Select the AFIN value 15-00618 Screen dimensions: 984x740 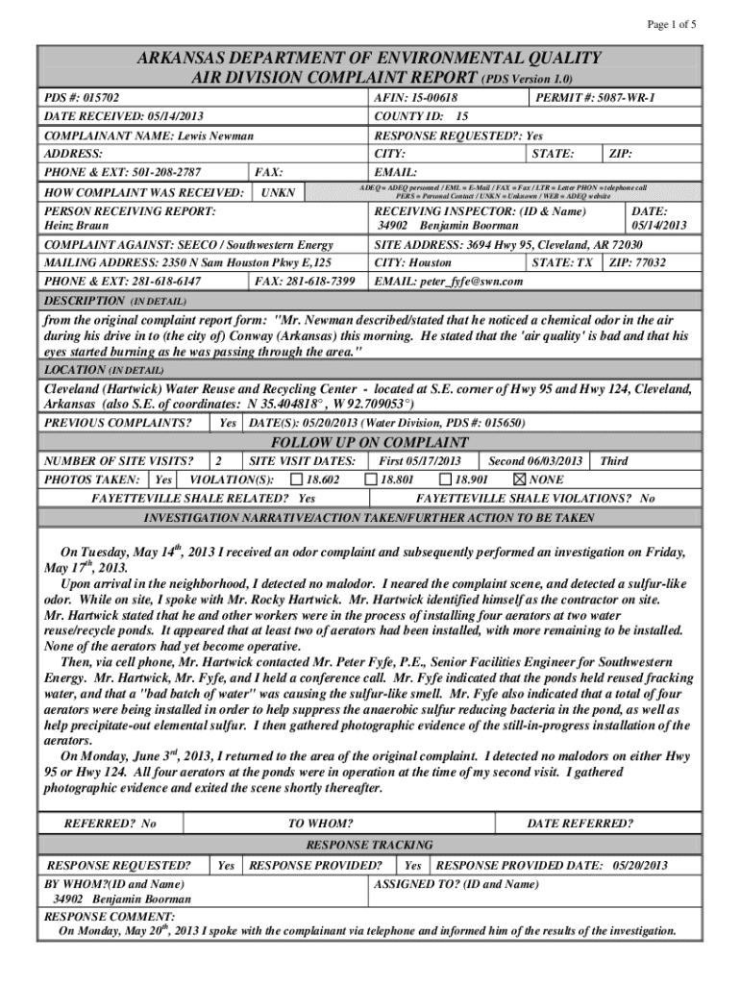[x=433, y=98]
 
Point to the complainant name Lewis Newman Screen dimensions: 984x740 [x=203, y=136]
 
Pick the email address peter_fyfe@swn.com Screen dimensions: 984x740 [x=472, y=281]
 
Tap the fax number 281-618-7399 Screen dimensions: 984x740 [x=313, y=281]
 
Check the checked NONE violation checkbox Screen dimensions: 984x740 [x=520, y=479]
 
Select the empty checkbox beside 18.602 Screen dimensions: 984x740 [x=297, y=479]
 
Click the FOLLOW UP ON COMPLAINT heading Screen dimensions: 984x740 [x=369, y=442]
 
